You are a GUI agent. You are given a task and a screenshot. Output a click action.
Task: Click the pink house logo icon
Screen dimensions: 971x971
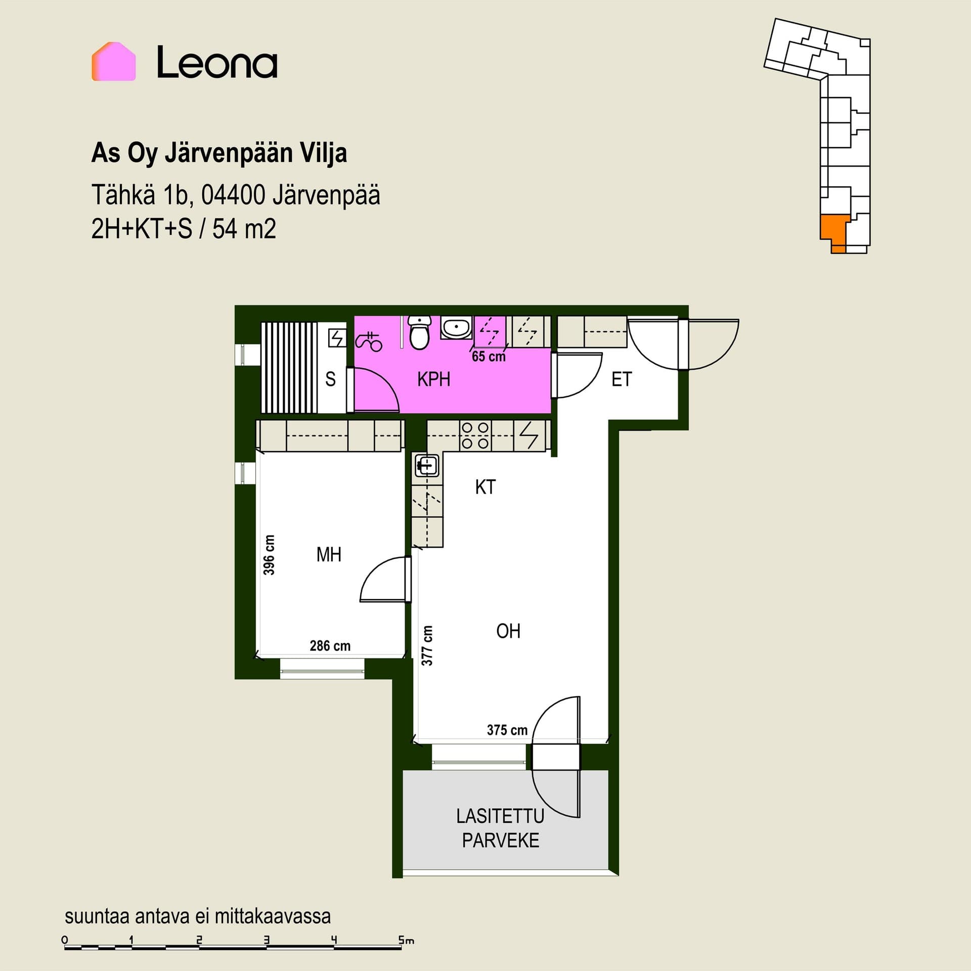[x=113, y=61]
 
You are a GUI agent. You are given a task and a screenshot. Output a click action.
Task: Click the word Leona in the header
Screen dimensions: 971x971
[x=217, y=62]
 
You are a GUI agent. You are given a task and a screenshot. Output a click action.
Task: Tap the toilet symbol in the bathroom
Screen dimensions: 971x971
[x=419, y=332]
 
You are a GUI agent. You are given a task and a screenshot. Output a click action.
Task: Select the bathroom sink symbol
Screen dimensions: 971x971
[x=456, y=327]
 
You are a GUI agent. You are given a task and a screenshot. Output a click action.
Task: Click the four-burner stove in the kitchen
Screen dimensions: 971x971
[x=475, y=435]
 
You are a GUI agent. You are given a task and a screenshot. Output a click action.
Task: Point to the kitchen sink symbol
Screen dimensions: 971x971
[x=427, y=465]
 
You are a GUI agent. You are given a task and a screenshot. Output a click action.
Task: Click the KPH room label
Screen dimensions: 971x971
[x=433, y=379]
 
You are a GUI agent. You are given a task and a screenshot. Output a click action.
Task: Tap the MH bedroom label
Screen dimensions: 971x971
[x=329, y=555]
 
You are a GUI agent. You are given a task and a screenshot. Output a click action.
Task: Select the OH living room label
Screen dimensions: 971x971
[x=508, y=631]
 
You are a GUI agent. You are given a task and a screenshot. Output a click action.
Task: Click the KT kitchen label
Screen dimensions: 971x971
[x=485, y=487]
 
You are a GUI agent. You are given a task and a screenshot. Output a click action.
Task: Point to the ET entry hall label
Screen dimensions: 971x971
[x=622, y=379]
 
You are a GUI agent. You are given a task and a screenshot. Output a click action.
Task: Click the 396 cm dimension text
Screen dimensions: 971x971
[x=270, y=555]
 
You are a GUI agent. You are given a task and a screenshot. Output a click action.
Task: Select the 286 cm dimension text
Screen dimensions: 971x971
[x=330, y=646]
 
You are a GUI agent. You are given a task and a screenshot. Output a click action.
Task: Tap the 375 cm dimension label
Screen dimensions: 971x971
[x=507, y=730]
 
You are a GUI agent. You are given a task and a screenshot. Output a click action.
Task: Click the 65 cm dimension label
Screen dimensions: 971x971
[x=489, y=357]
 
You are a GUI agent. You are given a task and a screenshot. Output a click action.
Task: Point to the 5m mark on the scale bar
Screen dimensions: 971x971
[x=407, y=941]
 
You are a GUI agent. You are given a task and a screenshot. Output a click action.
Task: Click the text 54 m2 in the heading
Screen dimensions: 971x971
[x=244, y=229]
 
